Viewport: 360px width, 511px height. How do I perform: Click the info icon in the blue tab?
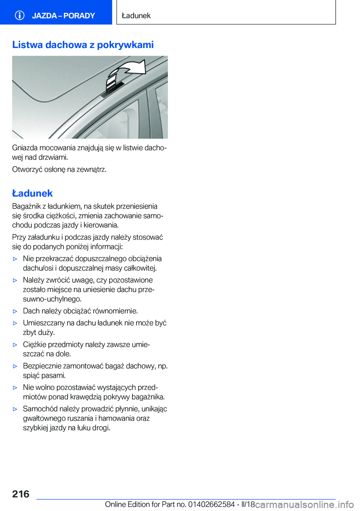tap(19, 15)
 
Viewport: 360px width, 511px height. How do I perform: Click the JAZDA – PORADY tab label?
tap(63, 16)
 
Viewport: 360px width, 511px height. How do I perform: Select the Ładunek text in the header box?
tap(136, 16)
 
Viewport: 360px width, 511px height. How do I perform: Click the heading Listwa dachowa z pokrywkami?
tap(83, 45)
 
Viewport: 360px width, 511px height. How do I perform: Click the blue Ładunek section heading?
tap(32, 193)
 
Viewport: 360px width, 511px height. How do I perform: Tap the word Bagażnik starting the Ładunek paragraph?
tap(26, 206)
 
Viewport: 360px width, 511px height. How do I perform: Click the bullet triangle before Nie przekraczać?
tap(15, 259)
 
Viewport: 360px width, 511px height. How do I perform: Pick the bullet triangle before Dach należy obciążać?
tap(15, 311)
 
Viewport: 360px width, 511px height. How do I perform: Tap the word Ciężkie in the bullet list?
tap(34, 344)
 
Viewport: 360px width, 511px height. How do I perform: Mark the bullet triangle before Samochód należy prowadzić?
tap(15, 409)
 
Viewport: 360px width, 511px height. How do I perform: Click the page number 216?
tap(21, 494)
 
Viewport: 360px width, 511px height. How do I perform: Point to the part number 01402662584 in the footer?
tap(211, 505)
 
